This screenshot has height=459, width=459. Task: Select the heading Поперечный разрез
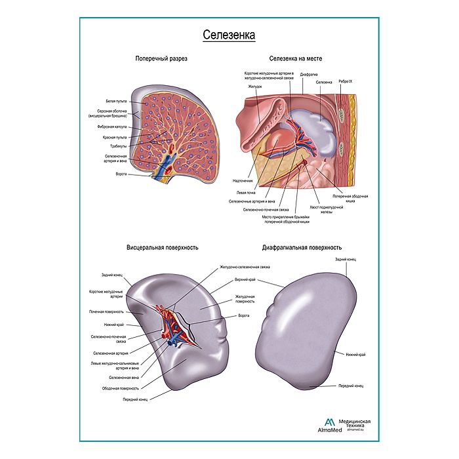coord(161,58)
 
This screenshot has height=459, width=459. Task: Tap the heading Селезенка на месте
coord(300,58)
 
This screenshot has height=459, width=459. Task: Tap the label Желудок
coord(255,86)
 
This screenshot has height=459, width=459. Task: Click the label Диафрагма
coord(309,75)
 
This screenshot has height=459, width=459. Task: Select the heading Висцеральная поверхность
coord(163,248)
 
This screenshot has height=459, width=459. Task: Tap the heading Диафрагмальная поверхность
coord(302,248)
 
